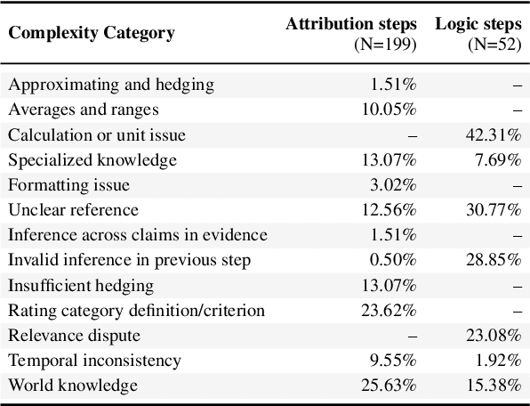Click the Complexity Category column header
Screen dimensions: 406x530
click(x=92, y=34)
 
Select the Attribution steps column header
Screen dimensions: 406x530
click(x=351, y=24)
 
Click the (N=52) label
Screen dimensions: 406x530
click(x=495, y=44)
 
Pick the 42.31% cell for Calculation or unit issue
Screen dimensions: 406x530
click(x=495, y=135)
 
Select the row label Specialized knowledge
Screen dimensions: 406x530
click(x=92, y=160)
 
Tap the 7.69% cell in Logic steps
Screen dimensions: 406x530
click(x=500, y=160)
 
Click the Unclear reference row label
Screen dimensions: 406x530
click(x=73, y=210)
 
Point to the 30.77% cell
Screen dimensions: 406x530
click(x=495, y=210)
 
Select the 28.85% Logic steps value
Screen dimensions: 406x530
click(x=495, y=260)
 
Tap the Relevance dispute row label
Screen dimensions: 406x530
click(x=75, y=336)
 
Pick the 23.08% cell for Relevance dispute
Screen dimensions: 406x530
click(x=495, y=336)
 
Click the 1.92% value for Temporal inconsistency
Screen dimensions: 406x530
click(x=500, y=361)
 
